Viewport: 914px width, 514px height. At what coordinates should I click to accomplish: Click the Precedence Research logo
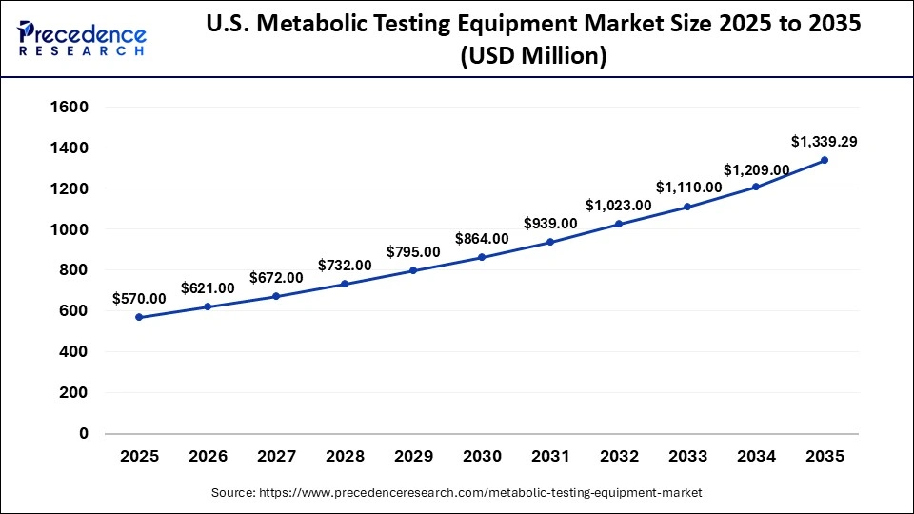[82, 37]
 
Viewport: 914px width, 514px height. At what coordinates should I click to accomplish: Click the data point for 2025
[139, 317]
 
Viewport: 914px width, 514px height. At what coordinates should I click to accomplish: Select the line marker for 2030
[482, 257]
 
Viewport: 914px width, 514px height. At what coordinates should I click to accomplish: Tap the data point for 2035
[825, 160]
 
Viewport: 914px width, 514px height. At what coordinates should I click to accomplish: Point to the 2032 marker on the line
[619, 224]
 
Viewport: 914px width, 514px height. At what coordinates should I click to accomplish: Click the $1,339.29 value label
[824, 142]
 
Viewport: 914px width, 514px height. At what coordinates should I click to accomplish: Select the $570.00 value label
[139, 299]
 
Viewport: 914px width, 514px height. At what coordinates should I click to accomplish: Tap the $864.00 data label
[482, 239]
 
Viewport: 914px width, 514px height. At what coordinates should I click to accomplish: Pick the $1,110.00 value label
[687, 188]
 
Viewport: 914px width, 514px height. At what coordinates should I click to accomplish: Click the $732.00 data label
[345, 266]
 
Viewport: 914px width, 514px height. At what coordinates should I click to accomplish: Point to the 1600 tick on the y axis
[70, 108]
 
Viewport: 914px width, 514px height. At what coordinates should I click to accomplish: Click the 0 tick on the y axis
[84, 433]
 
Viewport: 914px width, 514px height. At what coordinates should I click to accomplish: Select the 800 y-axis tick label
[73, 270]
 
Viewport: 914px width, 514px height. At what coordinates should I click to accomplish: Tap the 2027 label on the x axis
[276, 457]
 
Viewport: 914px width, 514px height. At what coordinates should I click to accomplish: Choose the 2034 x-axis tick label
[756, 457]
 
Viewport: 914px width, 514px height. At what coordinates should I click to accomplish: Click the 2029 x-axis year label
[413, 457]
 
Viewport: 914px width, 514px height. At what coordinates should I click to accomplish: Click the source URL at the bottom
[456, 493]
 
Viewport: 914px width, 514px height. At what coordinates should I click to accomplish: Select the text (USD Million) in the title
[533, 56]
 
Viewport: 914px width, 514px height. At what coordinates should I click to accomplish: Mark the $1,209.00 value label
[756, 169]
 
